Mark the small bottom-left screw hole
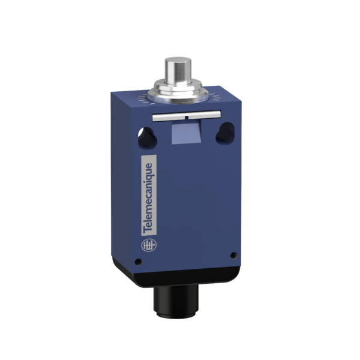coord(139,261)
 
